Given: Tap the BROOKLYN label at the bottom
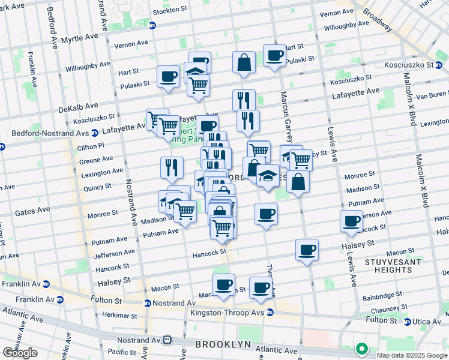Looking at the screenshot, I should (222, 344).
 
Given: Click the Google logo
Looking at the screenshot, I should (20, 353).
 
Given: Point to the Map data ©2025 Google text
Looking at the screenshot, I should (412, 355).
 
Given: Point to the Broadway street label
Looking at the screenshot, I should (376, 20).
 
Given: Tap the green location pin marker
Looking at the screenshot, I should (361, 348).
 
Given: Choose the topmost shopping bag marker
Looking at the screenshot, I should (244, 62).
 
